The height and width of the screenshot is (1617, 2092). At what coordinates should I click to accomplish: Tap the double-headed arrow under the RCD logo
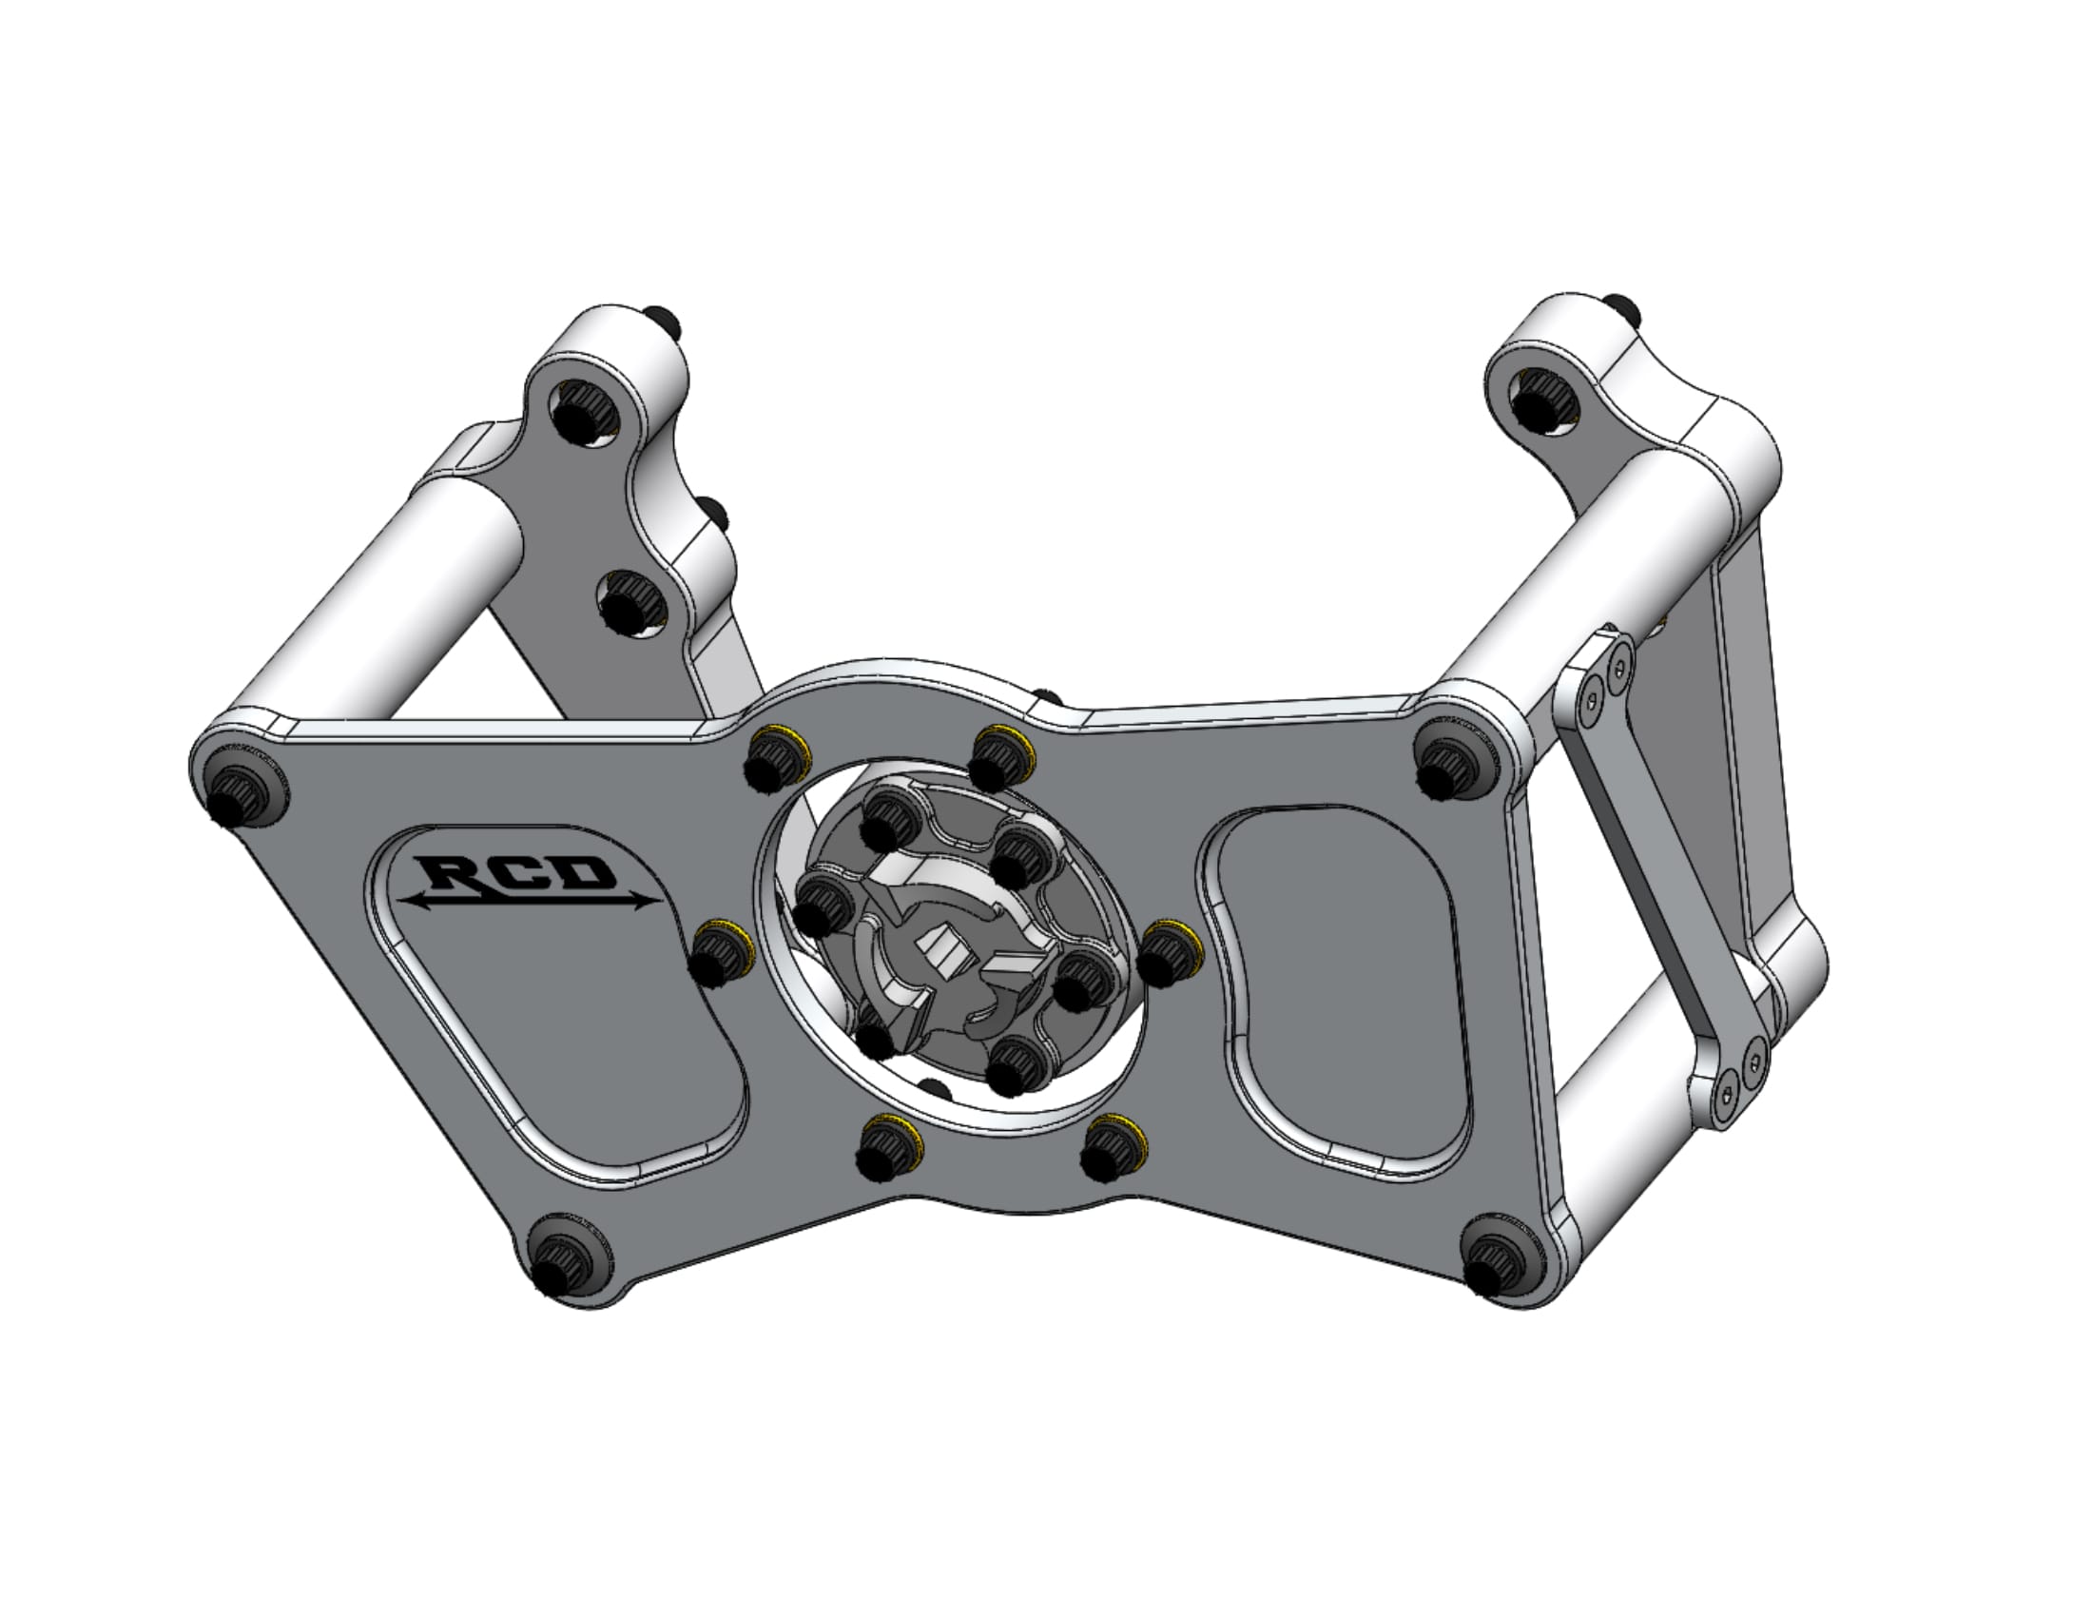click(x=531, y=900)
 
